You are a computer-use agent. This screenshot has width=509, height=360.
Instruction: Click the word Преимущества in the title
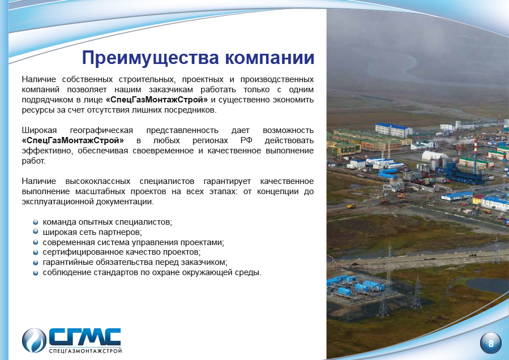click(150, 58)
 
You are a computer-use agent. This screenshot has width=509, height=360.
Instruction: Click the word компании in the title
click(270, 58)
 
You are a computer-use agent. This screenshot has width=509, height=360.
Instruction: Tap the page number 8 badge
click(490, 343)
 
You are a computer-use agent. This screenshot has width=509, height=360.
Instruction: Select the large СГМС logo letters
click(85, 337)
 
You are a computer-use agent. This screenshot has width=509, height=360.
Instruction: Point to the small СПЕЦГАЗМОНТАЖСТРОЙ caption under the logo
click(85, 351)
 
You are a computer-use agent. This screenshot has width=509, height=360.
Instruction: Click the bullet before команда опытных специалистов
click(36, 222)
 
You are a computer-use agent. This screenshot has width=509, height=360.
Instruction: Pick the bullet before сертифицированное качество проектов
click(36, 252)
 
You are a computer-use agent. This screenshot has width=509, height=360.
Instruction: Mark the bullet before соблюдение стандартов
click(36, 273)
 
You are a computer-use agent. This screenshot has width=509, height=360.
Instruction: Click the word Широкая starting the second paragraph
click(39, 131)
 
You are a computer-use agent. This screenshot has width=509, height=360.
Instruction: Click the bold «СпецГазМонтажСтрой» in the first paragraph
click(157, 100)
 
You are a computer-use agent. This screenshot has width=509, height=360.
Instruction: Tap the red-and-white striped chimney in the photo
click(475, 156)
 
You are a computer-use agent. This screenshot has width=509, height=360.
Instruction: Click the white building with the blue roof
click(393, 130)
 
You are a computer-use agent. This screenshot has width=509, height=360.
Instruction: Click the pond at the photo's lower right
click(486, 285)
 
